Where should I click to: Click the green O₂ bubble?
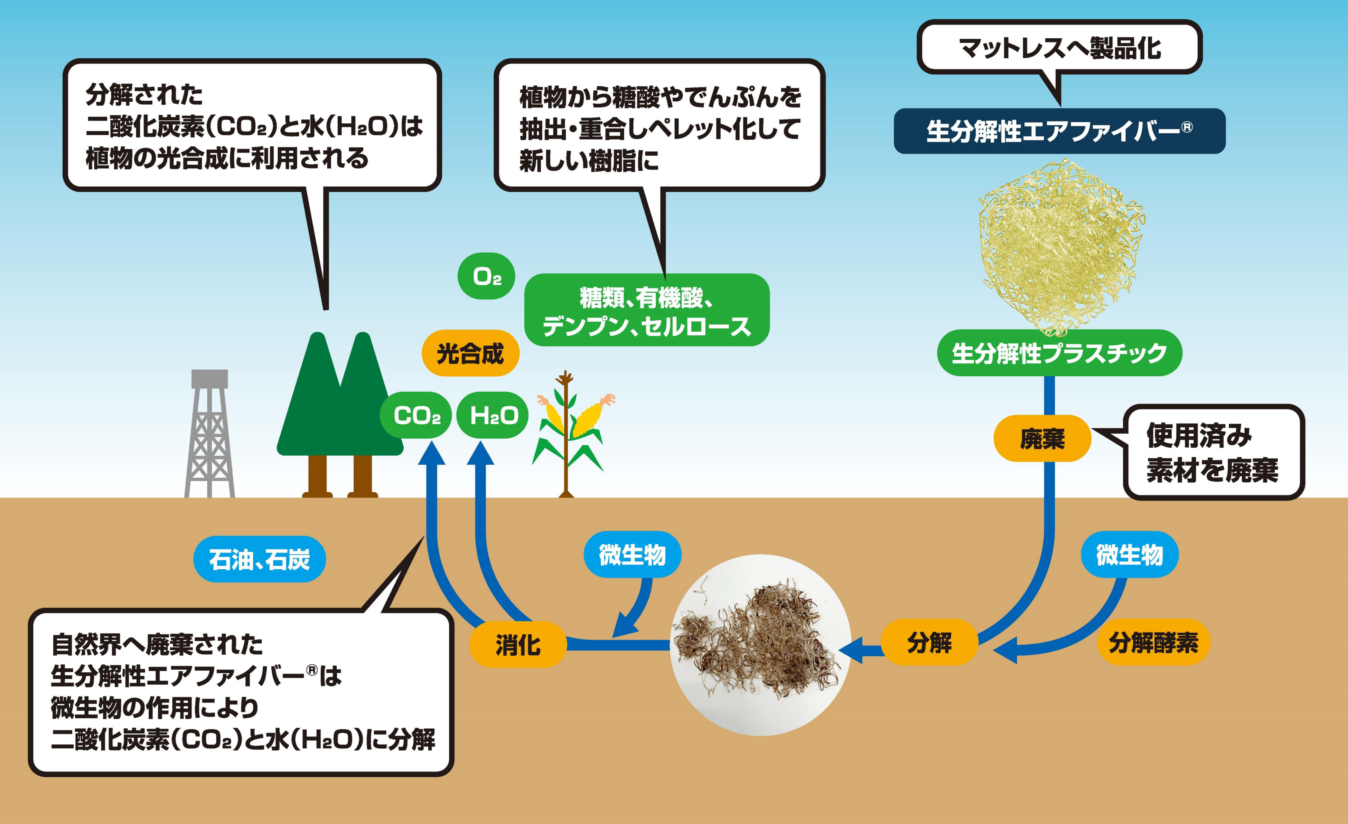point(486,276)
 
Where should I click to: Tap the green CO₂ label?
point(416,416)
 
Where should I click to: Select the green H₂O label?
point(493,416)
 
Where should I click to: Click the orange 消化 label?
point(517,645)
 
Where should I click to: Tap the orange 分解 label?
point(929,643)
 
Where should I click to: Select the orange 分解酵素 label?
point(1153,643)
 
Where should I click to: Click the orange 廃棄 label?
point(1042,438)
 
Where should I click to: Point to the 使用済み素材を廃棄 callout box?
point(1214,453)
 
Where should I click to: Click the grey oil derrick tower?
point(209,435)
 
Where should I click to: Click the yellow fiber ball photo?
point(1060,246)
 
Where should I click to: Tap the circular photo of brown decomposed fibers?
point(760,645)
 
